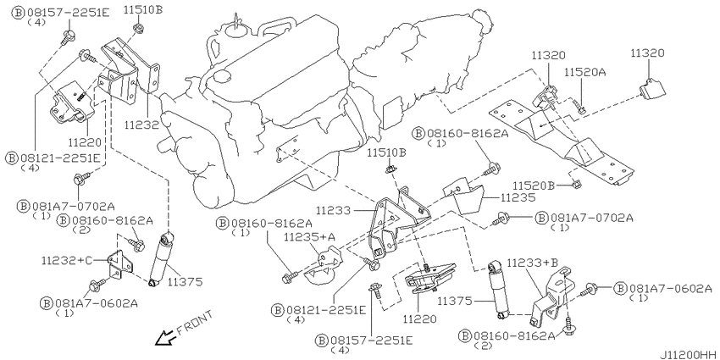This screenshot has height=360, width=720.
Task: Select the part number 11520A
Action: pyautogui.click(x=586, y=73)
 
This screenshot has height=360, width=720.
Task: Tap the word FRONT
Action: pyautogui.click(x=194, y=323)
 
